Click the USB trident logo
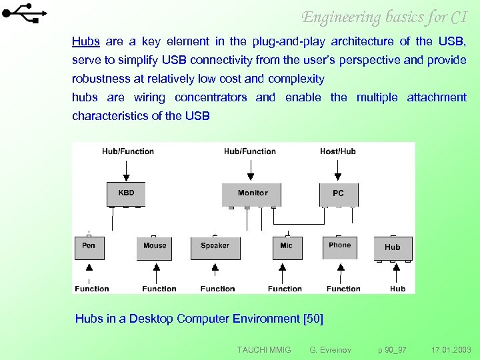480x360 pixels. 25,14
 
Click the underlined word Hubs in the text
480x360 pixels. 86,41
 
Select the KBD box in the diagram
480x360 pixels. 126,193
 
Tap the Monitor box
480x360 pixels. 253,193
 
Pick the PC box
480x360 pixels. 339,193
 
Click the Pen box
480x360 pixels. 89,247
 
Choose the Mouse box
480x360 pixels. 155,247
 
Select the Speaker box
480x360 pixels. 215,247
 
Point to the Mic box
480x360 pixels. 287,247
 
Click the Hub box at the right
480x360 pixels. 393,247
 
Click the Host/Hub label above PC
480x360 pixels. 338,151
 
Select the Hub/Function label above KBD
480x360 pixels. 128,151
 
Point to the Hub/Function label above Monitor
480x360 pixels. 250,151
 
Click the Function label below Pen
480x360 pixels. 92,289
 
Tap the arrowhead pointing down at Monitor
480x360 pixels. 251,177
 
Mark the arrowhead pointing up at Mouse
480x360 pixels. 157,268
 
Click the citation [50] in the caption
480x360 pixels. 313,319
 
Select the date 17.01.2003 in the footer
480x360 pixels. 451,349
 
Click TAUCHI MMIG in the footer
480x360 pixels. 264,349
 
